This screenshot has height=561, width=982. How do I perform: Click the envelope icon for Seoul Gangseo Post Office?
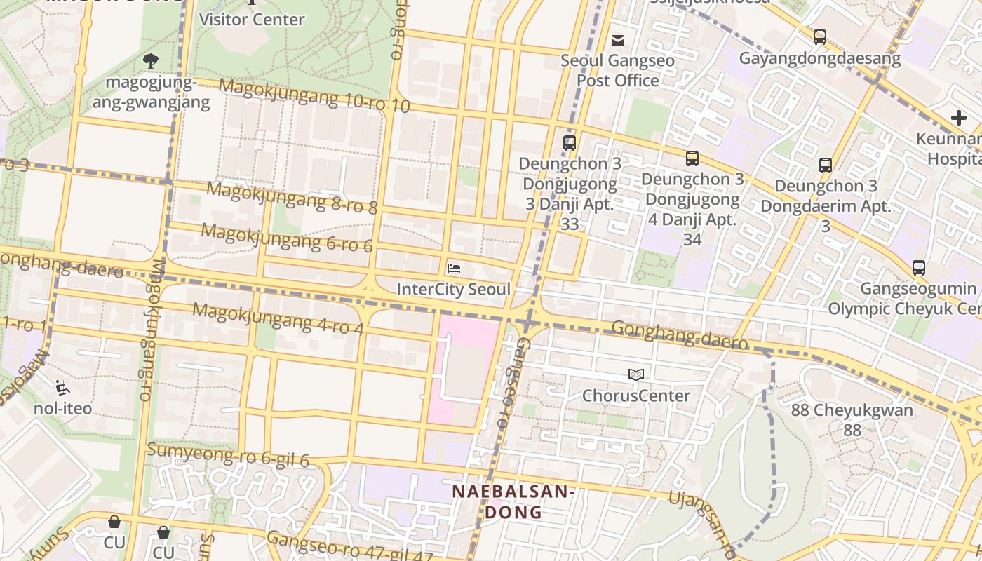pyautogui.click(x=618, y=41)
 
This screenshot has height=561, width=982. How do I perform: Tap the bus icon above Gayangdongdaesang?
pyautogui.click(x=819, y=37)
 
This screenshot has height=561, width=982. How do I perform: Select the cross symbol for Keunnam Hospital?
pyautogui.click(x=958, y=118)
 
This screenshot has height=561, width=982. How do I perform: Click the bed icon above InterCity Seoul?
pyautogui.click(x=454, y=268)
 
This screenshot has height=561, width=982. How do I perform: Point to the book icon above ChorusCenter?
pyautogui.click(x=636, y=375)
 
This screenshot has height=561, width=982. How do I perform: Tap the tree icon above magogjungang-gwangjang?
pyautogui.click(x=150, y=61)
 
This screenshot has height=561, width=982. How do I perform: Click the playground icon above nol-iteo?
pyautogui.click(x=62, y=386)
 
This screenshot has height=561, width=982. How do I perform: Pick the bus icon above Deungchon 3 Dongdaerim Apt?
pyautogui.click(x=826, y=165)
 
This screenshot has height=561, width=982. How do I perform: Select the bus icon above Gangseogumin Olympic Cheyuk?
pyautogui.click(x=918, y=267)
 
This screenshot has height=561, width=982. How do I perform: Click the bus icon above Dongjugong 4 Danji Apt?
pyautogui.click(x=692, y=158)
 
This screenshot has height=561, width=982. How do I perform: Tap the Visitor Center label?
pyautogui.click(x=252, y=19)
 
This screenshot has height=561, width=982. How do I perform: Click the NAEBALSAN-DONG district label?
pyautogui.click(x=513, y=501)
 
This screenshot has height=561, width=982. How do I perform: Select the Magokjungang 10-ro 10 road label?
pyautogui.click(x=314, y=96)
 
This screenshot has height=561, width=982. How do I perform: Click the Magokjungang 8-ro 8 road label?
pyautogui.click(x=292, y=197)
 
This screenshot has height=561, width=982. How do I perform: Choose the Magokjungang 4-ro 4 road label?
pyautogui.click(x=278, y=318)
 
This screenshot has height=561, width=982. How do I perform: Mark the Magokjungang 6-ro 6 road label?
pyautogui.click(x=287, y=237)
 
